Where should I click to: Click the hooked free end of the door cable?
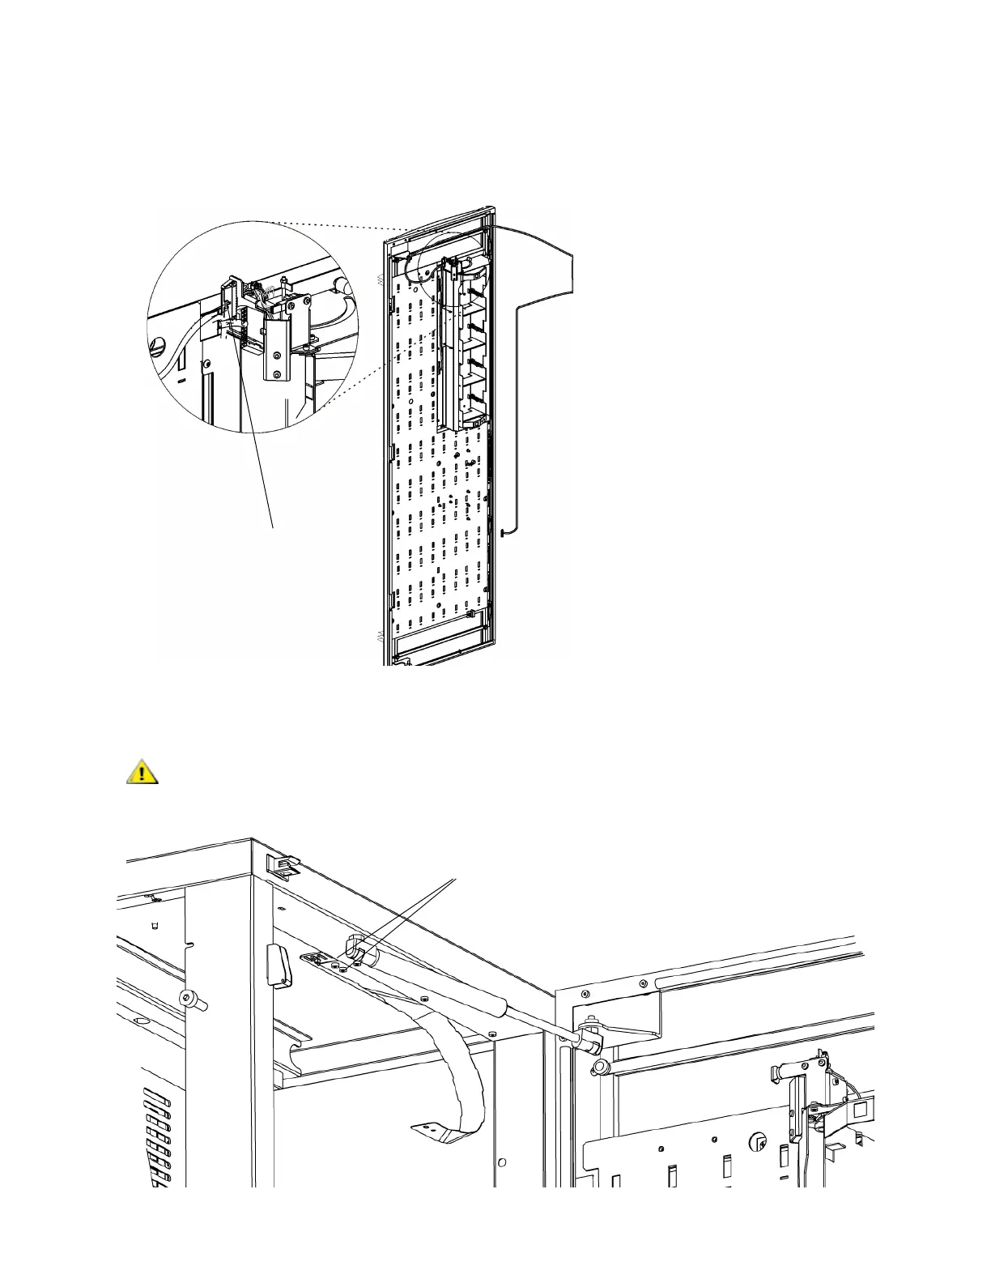coord(503,532)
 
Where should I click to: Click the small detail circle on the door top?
coord(443,261)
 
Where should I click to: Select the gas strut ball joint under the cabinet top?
coord(356,949)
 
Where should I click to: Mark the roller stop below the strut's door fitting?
coord(601,1067)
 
